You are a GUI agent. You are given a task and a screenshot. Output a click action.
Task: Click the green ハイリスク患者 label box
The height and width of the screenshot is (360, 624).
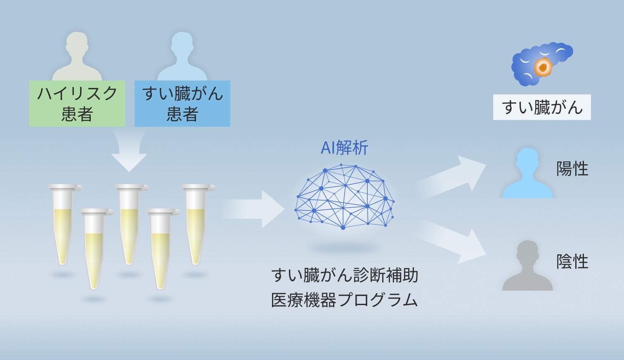tap(77, 104)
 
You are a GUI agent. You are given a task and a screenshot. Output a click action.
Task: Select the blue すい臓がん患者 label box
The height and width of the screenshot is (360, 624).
tap(182, 104)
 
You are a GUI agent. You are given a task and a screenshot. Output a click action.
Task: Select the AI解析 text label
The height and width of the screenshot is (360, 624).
tap(344, 148)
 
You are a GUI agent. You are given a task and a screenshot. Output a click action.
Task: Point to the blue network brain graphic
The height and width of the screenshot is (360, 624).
tap(344, 197)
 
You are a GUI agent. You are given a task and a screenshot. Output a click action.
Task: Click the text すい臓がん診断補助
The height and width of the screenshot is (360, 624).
tap(345, 275)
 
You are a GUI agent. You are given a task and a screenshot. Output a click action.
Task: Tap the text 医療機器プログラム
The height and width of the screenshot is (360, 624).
tap(345, 300)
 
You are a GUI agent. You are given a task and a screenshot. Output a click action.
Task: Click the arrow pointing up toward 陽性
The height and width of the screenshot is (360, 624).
tap(454, 175)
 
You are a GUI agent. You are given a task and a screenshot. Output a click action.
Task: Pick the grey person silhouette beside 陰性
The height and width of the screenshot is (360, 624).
tap(527, 267)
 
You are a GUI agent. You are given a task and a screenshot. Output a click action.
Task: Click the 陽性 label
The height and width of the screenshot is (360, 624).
tap(572, 169)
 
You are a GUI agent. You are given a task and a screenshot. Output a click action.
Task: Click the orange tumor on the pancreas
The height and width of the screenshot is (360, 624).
tap(543, 67)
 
